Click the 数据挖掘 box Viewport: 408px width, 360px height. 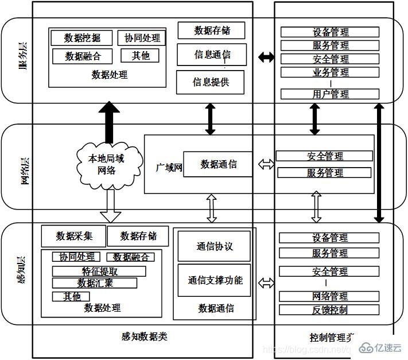(x=82, y=38)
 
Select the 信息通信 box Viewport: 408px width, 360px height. (x=212, y=55)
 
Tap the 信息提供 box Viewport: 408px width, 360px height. (x=210, y=82)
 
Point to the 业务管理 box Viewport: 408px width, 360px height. (x=330, y=72)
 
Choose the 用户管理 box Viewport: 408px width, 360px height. (x=330, y=94)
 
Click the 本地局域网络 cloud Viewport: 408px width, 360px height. (x=107, y=164)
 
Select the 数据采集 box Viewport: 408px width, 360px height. (x=73, y=236)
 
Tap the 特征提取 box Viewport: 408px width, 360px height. (x=99, y=272)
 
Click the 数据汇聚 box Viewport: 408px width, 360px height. (x=95, y=283)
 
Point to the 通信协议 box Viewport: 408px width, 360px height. (x=214, y=246)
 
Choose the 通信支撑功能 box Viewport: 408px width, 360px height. (x=214, y=280)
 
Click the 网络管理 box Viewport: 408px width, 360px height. (x=330, y=296)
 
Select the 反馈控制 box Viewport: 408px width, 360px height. (x=330, y=310)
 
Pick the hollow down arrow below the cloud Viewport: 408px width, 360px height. (x=110, y=206)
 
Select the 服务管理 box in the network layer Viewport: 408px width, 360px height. (x=325, y=172)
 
